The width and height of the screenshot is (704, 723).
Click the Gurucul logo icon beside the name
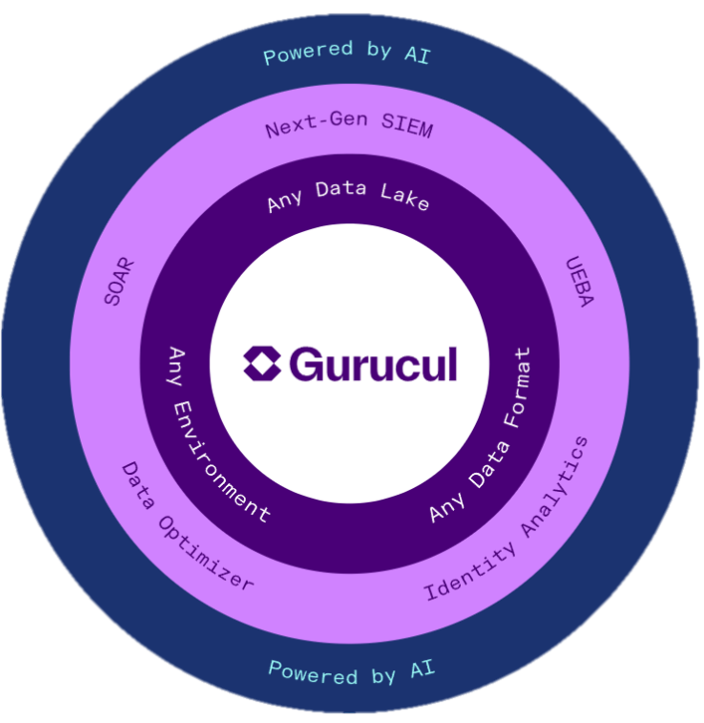(262, 364)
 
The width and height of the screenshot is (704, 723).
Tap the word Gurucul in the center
(372, 365)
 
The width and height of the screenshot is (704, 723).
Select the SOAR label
(118, 281)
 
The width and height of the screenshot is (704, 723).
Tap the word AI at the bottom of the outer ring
(421, 671)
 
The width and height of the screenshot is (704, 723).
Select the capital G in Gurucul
(304, 365)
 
